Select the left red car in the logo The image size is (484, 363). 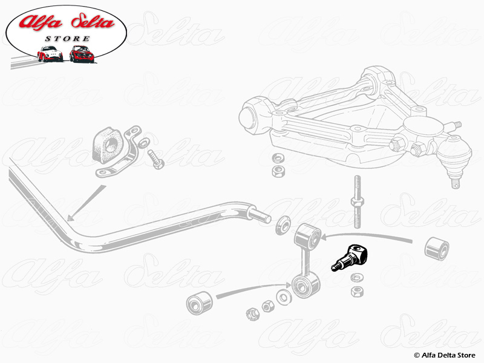click(50, 54)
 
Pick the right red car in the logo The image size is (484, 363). click(81, 53)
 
